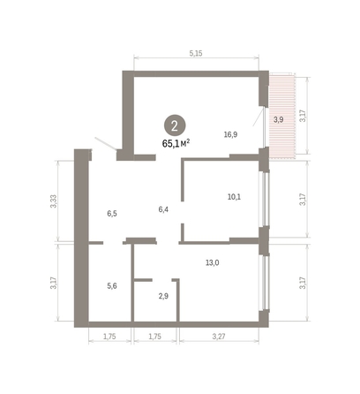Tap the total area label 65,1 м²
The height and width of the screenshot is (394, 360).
click(x=176, y=140)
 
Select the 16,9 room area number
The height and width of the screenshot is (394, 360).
click(x=231, y=135)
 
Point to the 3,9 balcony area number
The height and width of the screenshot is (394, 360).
click(x=278, y=118)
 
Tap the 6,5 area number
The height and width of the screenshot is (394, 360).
click(x=112, y=214)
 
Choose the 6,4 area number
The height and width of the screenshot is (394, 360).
click(x=163, y=208)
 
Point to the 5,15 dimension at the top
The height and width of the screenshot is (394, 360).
click(x=196, y=54)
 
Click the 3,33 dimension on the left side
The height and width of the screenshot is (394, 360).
click(x=54, y=200)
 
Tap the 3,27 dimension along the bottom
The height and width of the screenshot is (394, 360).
click(x=219, y=337)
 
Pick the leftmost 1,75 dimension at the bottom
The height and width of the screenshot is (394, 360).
click(x=110, y=337)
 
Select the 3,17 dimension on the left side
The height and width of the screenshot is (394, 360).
click(x=54, y=284)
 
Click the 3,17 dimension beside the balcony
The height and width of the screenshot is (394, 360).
click(x=304, y=115)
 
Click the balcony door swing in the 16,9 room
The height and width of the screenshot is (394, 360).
click(x=257, y=117)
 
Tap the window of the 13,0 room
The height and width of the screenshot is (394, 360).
click(x=263, y=284)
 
